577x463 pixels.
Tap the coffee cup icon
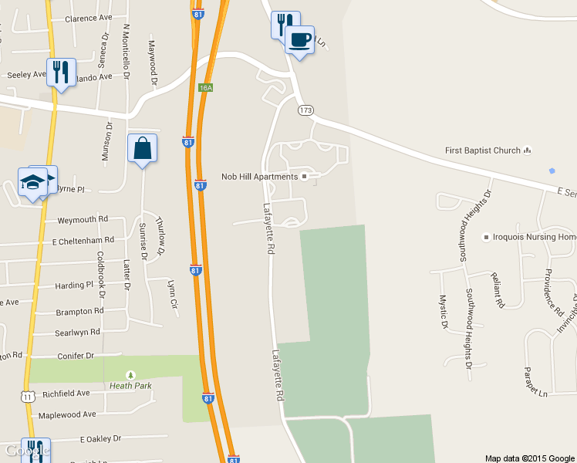[299, 39]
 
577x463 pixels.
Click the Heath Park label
[130, 386]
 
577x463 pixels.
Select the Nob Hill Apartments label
[259, 177]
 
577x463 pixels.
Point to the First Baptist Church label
[483, 150]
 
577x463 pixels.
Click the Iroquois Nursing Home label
[535, 237]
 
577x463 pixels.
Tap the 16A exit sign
[205, 88]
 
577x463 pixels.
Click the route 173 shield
[306, 111]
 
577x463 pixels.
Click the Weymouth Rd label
[83, 220]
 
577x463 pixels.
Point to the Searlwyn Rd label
[77, 332]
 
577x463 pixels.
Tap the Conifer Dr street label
[76, 356]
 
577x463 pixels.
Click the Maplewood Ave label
[67, 414]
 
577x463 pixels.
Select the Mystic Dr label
[444, 312]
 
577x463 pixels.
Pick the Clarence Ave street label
[89, 19]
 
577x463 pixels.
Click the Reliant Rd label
[497, 290]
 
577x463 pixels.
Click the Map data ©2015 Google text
[529, 458]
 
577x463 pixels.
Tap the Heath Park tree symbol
[130, 375]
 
